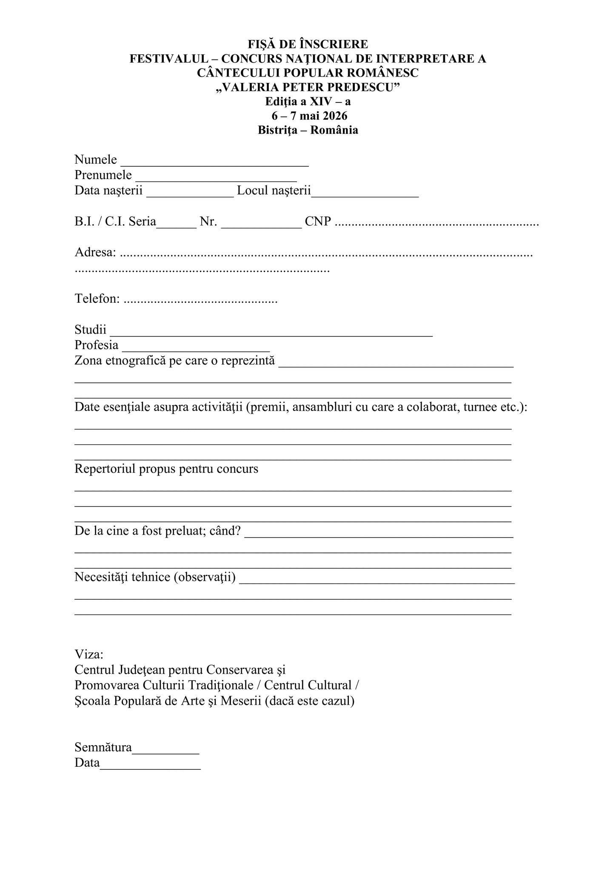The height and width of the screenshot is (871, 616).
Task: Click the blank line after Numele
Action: click(215, 162)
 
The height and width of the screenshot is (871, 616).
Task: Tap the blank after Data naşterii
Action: click(190, 193)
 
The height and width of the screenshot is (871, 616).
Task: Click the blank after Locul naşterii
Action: click(365, 193)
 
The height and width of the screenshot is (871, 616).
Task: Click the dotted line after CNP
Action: click(437, 223)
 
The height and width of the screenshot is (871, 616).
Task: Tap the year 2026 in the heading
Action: click(335, 116)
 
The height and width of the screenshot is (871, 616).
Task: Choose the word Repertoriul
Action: click(105, 469)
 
